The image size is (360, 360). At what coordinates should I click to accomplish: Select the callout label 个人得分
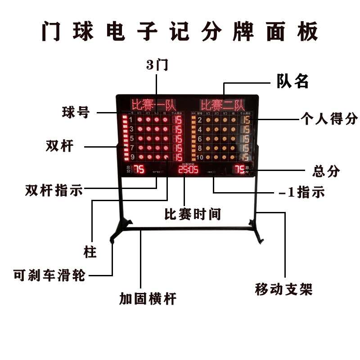click(x=329, y=119)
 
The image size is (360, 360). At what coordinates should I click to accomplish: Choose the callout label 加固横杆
click(x=148, y=298)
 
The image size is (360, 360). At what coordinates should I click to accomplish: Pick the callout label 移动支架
click(x=283, y=289)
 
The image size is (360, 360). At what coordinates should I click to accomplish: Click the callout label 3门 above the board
click(x=157, y=65)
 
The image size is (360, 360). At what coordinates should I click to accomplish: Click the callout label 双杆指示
click(x=54, y=190)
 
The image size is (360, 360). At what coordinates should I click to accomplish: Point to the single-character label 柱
click(x=90, y=252)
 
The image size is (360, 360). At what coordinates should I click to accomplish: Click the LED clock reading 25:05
click(x=188, y=170)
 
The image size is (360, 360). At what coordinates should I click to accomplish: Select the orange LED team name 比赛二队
click(x=222, y=105)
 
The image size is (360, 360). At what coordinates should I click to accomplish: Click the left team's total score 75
click(x=139, y=170)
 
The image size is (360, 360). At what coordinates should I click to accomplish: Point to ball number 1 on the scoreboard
click(x=131, y=120)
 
